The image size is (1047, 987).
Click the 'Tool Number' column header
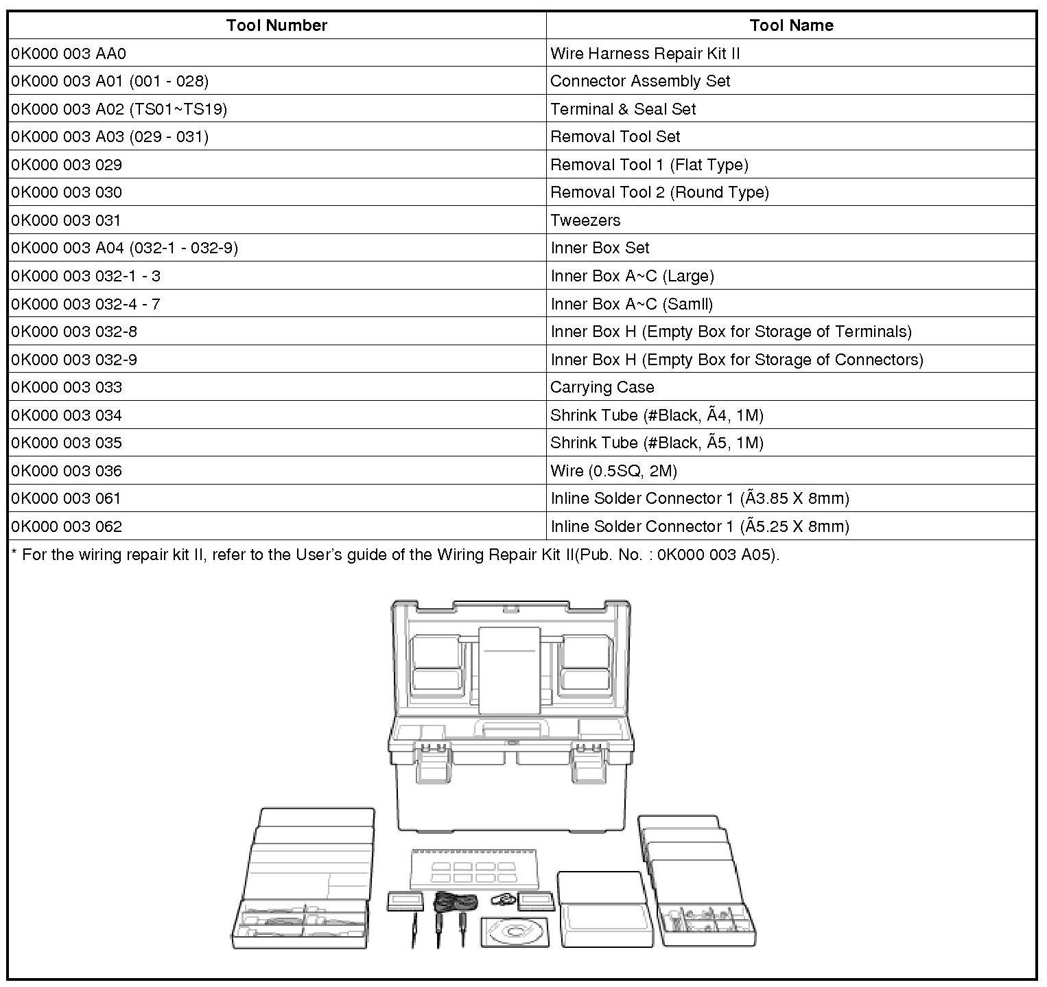(277, 25)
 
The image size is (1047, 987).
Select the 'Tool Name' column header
(791, 25)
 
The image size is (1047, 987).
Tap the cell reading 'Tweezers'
(585, 220)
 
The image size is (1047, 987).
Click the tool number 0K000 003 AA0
(69, 54)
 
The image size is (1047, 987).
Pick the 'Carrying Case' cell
(602, 387)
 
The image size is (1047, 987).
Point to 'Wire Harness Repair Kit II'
(645, 54)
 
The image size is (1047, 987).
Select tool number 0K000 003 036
(67, 471)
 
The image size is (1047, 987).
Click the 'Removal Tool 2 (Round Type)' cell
(659, 192)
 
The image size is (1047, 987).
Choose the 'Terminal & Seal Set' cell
(623, 109)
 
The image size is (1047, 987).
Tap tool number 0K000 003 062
(67, 526)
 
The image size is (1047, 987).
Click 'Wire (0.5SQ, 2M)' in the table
(613, 471)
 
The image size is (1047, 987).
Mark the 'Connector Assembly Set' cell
(640, 81)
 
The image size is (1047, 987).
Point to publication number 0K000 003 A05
(716, 555)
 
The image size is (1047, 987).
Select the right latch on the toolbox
(588, 762)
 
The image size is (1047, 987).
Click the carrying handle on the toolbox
(511, 728)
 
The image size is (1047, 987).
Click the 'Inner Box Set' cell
(600, 248)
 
